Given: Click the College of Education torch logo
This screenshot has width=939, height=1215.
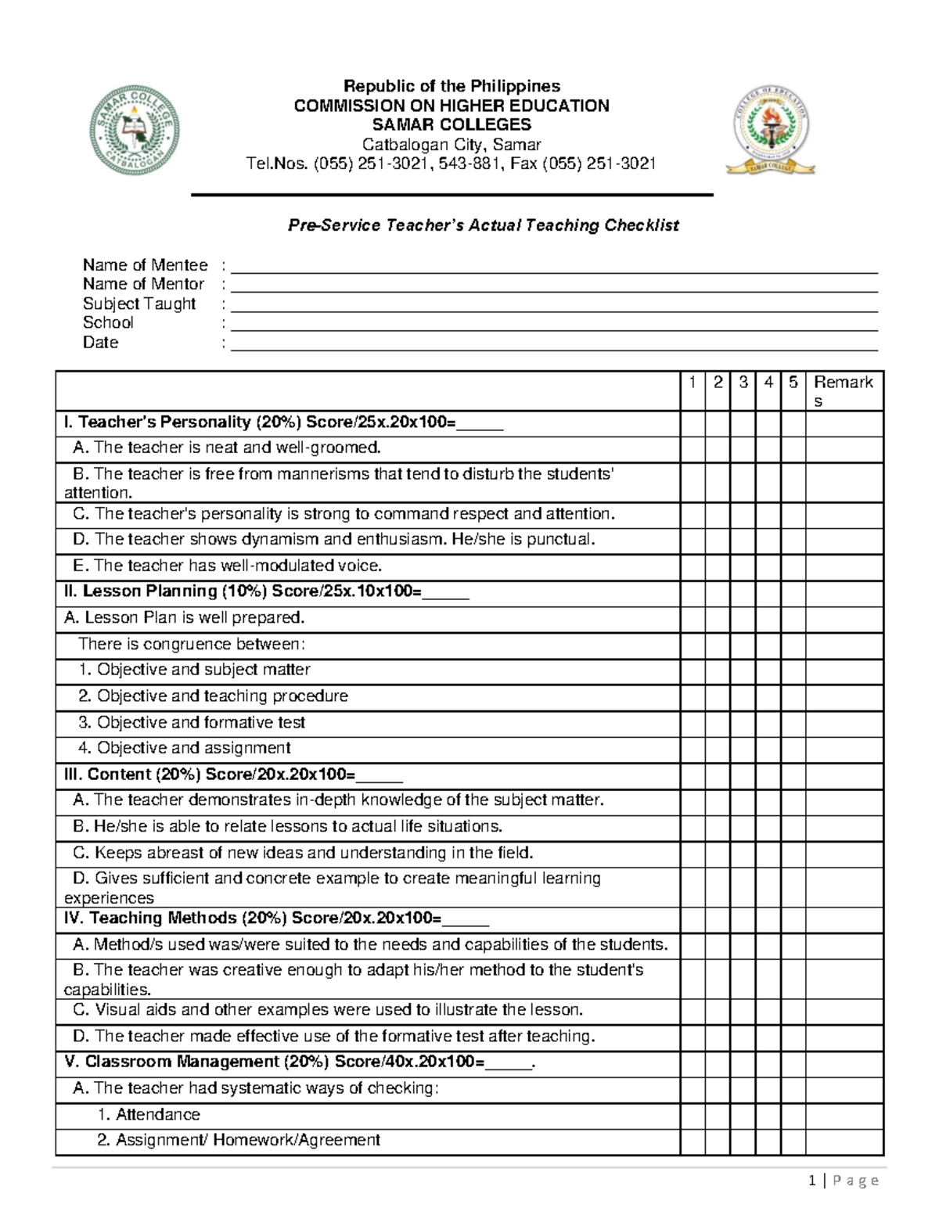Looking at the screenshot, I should (x=770, y=128).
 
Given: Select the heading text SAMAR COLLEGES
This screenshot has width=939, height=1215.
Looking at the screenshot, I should (x=452, y=125).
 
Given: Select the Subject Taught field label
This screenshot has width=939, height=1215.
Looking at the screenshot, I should (x=139, y=304).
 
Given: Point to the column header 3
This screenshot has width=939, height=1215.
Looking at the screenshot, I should (x=743, y=383).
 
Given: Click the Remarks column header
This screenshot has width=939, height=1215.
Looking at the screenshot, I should (x=844, y=391).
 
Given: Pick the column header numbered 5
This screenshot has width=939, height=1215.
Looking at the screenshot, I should (x=793, y=383).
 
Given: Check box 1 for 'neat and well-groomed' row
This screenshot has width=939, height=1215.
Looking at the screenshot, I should (x=693, y=449).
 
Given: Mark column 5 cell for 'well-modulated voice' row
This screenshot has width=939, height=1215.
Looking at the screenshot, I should (x=793, y=566).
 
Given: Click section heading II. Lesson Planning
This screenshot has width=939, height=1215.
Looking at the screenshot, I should (x=266, y=592).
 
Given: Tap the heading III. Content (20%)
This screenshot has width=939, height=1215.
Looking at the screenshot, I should (x=232, y=775).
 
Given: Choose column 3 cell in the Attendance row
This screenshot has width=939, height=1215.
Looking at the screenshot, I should (x=743, y=1115).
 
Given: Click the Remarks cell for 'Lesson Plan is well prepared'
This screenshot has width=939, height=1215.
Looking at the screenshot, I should (x=844, y=619).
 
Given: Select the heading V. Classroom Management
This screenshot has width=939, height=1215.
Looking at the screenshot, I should (x=299, y=1062).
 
